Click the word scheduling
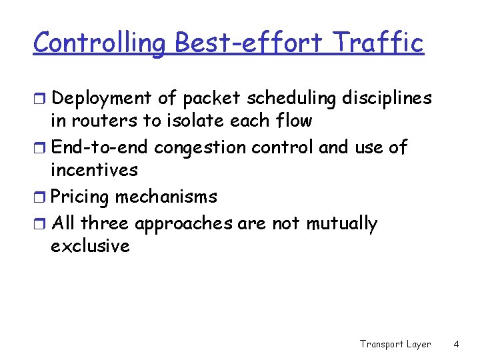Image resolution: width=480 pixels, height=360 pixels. [x=291, y=99]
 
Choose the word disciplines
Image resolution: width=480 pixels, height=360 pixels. [x=387, y=99]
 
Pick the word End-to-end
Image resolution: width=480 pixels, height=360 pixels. [x=100, y=147]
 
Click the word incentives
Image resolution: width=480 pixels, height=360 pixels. [x=94, y=170]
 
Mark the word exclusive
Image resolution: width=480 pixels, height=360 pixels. [x=90, y=246]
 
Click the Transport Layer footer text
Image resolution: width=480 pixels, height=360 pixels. [x=395, y=344]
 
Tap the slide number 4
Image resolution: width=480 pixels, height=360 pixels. [x=456, y=344]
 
